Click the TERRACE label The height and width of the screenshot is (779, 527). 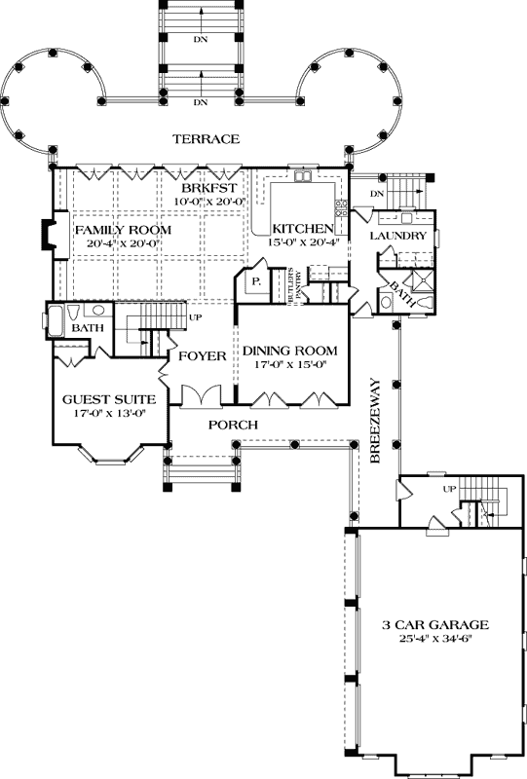pyautogui.click(x=206, y=139)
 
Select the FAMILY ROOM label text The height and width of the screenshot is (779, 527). pyautogui.click(x=123, y=230)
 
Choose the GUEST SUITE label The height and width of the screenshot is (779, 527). pyautogui.click(x=103, y=399)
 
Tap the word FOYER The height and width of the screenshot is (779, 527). pyautogui.click(x=203, y=355)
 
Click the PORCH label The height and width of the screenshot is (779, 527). pyautogui.click(x=233, y=425)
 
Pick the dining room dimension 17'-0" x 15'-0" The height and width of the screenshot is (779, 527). pyautogui.click(x=290, y=365)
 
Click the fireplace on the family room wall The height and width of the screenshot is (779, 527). pyautogui.click(x=46, y=234)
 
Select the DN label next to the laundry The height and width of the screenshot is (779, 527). pyautogui.click(x=378, y=196)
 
